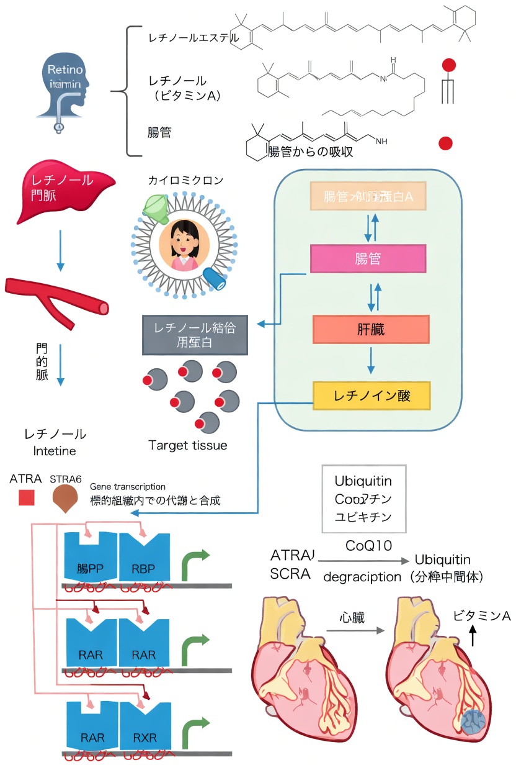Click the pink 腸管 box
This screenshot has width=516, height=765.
click(368, 259)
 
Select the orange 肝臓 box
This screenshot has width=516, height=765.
click(371, 329)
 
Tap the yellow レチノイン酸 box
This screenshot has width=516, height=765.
click(371, 396)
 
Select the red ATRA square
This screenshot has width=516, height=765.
click(26, 498)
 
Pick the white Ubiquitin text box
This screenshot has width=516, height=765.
click(363, 499)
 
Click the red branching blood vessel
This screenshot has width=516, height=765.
click(56, 299)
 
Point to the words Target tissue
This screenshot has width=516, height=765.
click(188, 445)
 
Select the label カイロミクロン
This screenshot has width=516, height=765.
click(185, 181)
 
